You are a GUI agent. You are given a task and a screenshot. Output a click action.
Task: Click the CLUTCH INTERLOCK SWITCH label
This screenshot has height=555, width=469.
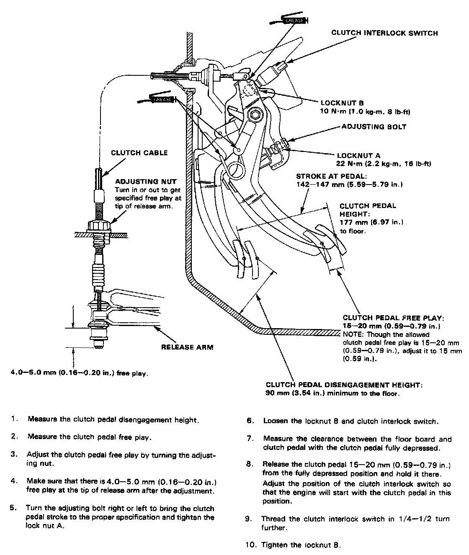coord(384,33)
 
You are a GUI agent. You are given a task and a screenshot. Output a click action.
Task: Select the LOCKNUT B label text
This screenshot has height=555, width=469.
coord(342,103)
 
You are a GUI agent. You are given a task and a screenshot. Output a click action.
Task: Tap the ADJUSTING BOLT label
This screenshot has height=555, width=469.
coord(374,127)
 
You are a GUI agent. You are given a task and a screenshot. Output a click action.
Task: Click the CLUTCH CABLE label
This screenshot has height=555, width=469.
coord(139,153)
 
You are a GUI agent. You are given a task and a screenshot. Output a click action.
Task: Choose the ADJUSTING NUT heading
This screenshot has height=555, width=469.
coord(146,182)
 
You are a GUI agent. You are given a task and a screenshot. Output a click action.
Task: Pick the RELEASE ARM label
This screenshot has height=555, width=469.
coord(187,347)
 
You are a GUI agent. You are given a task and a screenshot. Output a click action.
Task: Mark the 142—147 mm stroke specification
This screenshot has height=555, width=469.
coord(321,184)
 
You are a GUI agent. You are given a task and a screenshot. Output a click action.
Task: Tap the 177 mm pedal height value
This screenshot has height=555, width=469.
coord(352,222)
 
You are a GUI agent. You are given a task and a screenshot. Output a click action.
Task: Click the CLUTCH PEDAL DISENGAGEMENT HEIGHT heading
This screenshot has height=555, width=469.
coord(344,385)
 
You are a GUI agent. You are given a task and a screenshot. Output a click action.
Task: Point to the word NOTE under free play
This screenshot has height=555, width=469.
coord(353,335)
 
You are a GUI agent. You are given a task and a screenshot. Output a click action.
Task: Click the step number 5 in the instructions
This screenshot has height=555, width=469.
coord(13,509)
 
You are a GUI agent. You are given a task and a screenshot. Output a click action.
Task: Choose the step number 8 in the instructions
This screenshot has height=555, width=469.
coord(250,464)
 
